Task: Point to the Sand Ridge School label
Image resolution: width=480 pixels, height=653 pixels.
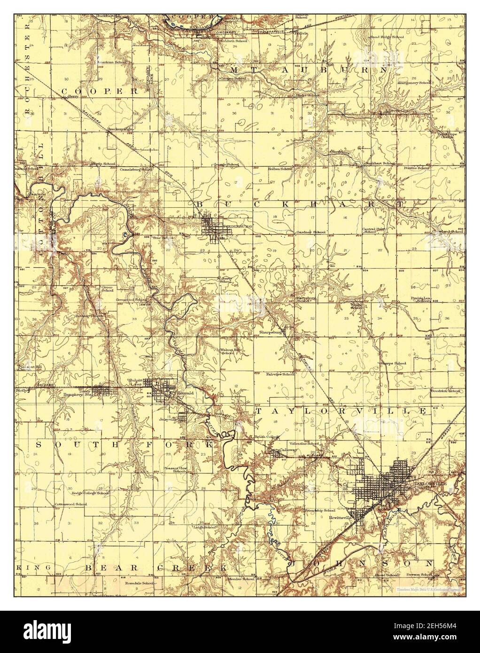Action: pyautogui.click(x=387, y=37)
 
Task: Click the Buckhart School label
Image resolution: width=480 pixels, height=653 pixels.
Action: pyautogui.click(x=380, y=163)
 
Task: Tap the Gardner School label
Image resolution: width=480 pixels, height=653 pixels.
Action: pyautogui.click(x=311, y=232)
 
